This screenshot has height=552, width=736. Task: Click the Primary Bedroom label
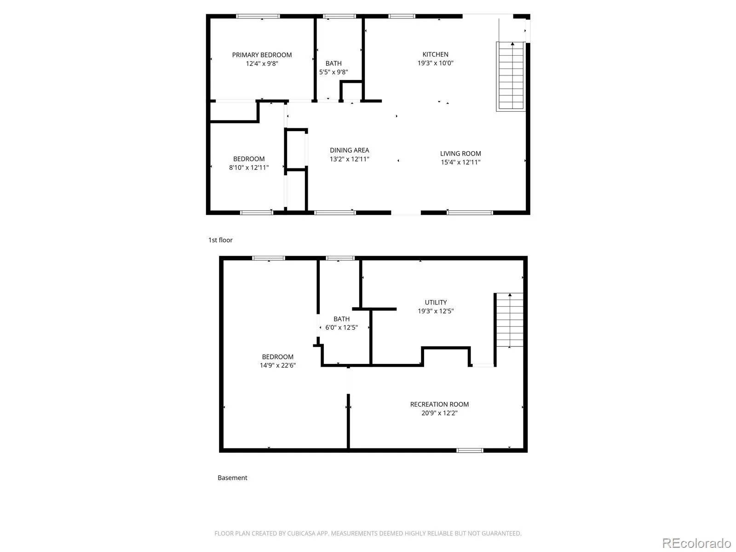[x=262, y=55]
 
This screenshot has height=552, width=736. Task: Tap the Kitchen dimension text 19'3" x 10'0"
[x=435, y=63]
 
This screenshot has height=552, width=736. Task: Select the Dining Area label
[x=350, y=150]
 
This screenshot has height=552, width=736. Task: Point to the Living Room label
[x=460, y=154]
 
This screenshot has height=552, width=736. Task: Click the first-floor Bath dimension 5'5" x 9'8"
[x=333, y=72]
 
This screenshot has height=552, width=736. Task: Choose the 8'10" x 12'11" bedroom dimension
[x=249, y=167]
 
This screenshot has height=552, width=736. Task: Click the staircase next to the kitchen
[x=511, y=76]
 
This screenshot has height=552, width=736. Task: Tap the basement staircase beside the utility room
[x=509, y=320]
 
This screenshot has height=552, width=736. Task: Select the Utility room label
[x=436, y=302]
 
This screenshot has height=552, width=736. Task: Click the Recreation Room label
[x=439, y=404]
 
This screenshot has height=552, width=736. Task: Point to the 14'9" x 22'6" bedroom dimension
[x=278, y=365]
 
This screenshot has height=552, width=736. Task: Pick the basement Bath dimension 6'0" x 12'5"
[x=341, y=328]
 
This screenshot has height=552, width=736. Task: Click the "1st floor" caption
[x=220, y=240]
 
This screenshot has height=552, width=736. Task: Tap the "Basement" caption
[x=232, y=477]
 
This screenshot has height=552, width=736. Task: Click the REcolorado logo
[x=697, y=543]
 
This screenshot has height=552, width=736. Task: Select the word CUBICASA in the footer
[x=301, y=533]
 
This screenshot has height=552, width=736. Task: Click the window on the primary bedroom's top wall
[x=258, y=16]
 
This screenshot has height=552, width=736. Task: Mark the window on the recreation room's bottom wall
[x=470, y=450]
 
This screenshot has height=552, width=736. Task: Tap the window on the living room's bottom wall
[x=470, y=213]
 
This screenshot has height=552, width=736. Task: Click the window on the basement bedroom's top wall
[x=268, y=258]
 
